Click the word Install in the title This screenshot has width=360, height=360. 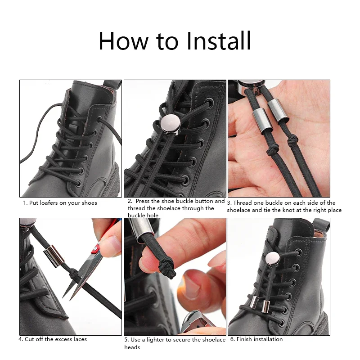(219, 41)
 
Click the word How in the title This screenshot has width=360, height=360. (123, 41)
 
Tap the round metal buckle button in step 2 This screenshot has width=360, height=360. (171, 124)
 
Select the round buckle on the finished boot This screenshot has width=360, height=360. (273, 258)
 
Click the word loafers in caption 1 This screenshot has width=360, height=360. (49, 203)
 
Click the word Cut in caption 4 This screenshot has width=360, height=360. (29, 339)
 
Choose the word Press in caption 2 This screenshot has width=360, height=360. (143, 201)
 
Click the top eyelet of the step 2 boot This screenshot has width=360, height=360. (209, 103)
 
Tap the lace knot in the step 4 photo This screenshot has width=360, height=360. (73, 273)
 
